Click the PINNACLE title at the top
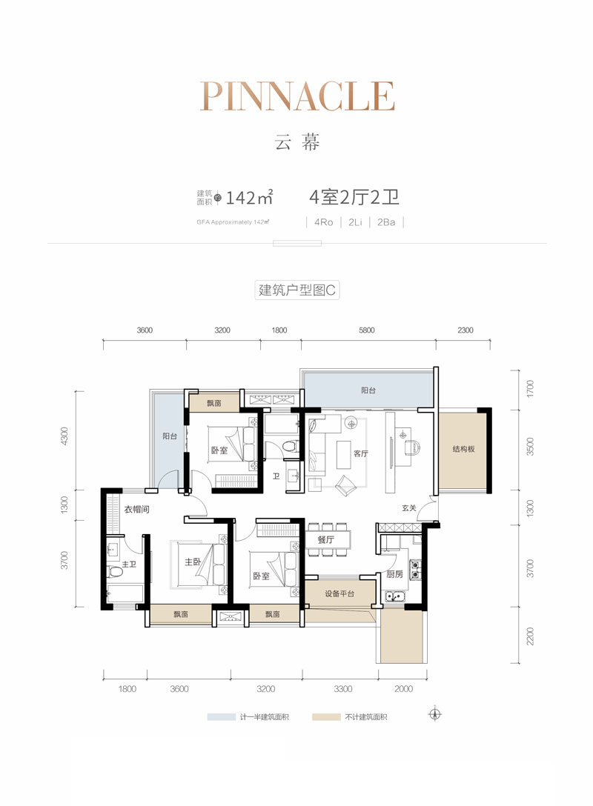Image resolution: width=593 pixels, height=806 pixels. [296, 97]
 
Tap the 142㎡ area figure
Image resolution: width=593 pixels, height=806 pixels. [250, 198]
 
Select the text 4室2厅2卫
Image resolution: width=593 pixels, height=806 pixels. [354, 197]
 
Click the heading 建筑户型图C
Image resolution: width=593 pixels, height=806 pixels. [296, 290]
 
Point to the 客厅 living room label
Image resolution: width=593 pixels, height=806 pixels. [361, 454]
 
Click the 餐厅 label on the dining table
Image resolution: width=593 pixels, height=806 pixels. [327, 540]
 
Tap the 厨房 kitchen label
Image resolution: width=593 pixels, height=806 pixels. [395, 574]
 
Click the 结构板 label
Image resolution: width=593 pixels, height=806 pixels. [463, 449]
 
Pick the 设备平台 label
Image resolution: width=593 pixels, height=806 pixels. [340, 594]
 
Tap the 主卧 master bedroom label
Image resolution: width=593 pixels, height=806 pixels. [193, 562]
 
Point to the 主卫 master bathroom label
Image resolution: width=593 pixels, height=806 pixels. [129, 565]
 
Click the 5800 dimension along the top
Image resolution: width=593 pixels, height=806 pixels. [367, 330]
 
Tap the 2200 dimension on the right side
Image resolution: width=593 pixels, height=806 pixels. [529, 636]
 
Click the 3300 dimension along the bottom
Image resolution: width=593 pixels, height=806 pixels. [342, 689]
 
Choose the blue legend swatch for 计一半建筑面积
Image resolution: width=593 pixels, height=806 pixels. [222, 717]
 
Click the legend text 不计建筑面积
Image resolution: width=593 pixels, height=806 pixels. [365, 717]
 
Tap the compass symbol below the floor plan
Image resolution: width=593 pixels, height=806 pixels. [434, 715]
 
